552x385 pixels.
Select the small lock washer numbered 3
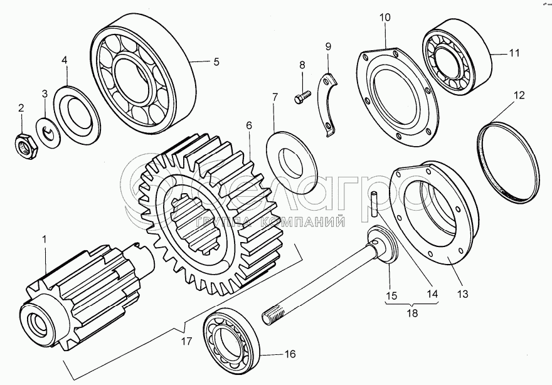(48, 133)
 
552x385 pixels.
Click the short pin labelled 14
(374, 204)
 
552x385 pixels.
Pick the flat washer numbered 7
(292, 162)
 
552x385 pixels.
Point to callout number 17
(187, 341)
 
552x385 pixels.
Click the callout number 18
(412, 312)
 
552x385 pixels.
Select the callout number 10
(385, 18)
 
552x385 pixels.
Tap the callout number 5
(216, 61)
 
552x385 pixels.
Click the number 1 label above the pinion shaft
(45, 240)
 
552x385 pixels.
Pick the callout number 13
(463, 293)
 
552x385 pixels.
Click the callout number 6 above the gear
(249, 125)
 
